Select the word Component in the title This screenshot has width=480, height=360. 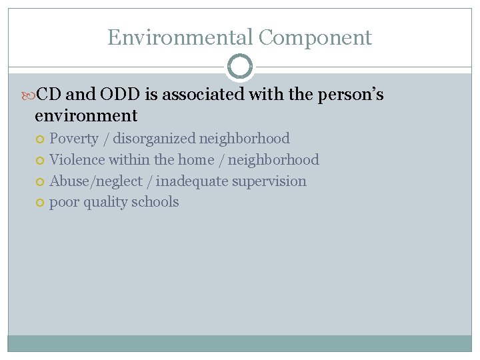point(315,37)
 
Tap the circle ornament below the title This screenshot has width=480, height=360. point(240,67)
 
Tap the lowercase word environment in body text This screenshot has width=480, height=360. point(86,116)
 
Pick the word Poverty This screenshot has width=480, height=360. point(74,139)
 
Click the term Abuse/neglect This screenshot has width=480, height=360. point(95,181)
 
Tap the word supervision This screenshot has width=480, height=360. point(269,181)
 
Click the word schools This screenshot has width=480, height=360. point(155,202)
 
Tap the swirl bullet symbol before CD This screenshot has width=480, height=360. point(29,95)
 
